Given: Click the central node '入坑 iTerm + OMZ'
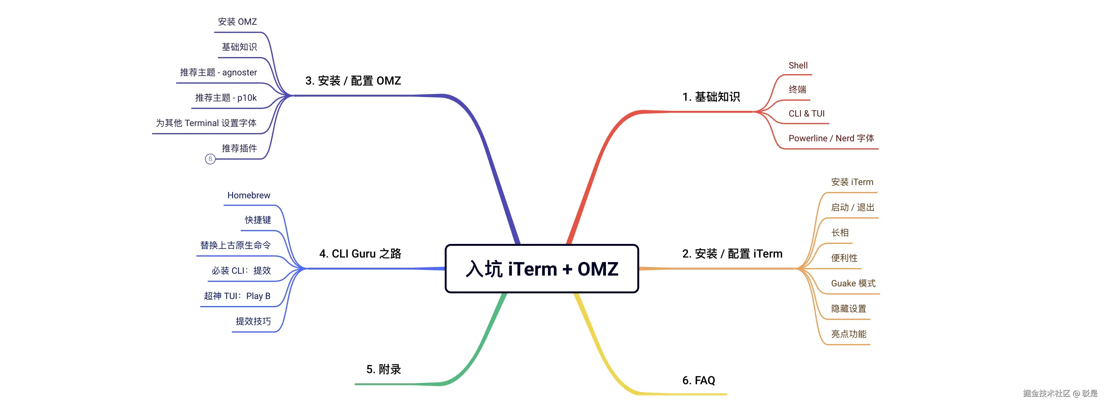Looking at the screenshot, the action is tap(542, 269).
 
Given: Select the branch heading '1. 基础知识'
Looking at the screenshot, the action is tap(711, 97).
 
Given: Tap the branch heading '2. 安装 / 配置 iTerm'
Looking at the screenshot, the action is tap(732, 254).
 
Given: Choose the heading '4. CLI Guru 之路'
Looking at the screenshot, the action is tap(360, 254).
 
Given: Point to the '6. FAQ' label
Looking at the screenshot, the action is tap(698, 380).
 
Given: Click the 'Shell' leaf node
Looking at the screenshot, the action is tap(798, 65).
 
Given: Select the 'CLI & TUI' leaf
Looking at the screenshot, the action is tap(806, 113).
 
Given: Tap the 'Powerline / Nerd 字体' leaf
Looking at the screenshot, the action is tap(831, 138).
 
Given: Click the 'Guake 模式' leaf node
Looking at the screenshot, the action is tap(853, 283).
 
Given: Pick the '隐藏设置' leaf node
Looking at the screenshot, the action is tap(848, 309).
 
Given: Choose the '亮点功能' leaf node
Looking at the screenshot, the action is tap(848, 334).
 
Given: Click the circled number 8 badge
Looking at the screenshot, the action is tap(210, 159).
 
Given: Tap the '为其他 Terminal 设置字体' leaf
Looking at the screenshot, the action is tap(206, 123).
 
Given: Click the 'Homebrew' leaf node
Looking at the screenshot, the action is tap(249, 195).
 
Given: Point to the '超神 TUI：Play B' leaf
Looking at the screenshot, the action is tap(237, 296).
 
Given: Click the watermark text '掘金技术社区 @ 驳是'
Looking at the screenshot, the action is tap(1060, 393).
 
